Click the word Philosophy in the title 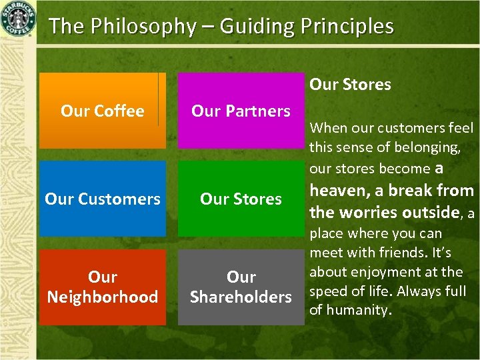(x=139, y=27)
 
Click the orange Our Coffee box (x=102, y=111)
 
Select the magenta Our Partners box (x=241, y=111)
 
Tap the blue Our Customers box (x=102, y=199)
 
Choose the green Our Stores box (x=241, y=199)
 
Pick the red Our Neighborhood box (x=102, y=287)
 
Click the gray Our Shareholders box (x=241, y=287)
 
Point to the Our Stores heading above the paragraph (x=350, y=85)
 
